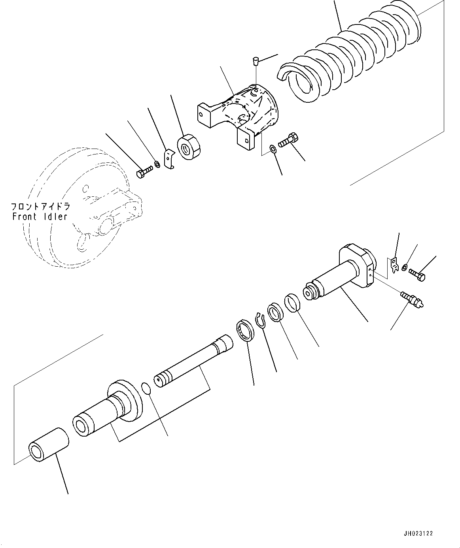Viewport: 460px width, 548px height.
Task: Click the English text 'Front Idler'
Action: (x=40, y=217)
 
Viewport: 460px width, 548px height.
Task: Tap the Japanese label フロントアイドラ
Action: (x=40, y=206)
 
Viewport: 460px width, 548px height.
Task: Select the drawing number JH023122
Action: (x=418, y=533)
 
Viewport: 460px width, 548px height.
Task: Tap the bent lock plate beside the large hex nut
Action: (x=170, y=158)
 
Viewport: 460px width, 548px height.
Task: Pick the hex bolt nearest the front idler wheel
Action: (x=144, y=173)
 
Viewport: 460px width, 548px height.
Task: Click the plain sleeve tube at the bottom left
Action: (x=48, y=444)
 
